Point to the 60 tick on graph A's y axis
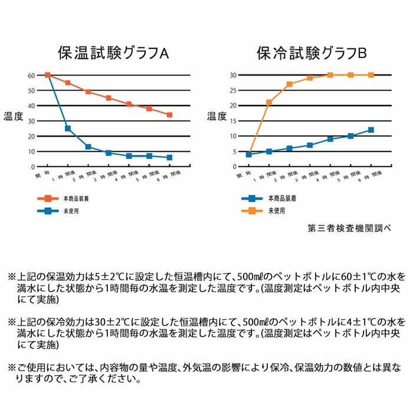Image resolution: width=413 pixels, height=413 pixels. pyautogui.click(x=31, y=76)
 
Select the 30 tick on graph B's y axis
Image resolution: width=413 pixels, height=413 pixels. pyautogui.click(x=233, y=76)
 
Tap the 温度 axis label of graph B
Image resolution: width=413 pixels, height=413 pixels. pyautogui.click(x=216, y=116)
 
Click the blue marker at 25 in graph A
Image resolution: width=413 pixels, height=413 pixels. pyautogui.click(x=68, y=129)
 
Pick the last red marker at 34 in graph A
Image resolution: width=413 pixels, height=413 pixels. pyautogui.click(x=169, y=114)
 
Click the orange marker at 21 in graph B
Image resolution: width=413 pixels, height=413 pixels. pyautogui.click(x=269, y=103)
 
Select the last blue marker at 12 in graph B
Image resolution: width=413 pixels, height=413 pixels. pyautogui.click(x=371, y=130)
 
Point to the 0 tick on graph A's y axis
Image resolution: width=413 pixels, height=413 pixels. pyautogui.click(x=33, y=166)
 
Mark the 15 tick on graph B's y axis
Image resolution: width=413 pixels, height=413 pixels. pyautogui.click(x=233, y=121)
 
